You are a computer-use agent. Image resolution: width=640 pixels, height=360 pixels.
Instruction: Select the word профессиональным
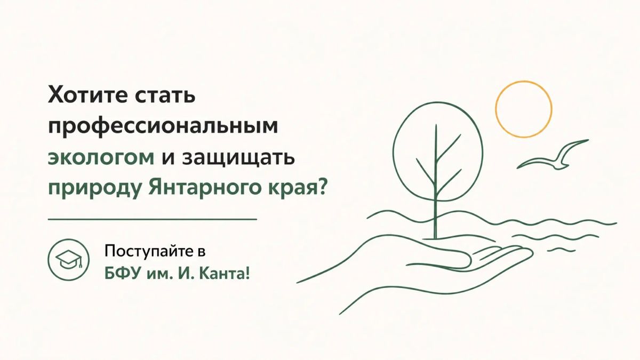coord(163,127)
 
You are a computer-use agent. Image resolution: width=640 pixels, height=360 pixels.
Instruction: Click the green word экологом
coord(101,158)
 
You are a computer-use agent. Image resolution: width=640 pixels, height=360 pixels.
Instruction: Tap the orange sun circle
coord(524,82)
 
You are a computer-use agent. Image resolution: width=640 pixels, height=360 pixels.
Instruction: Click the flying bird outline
coord(553,156)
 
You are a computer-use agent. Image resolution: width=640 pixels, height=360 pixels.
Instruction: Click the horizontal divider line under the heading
coord(153,220)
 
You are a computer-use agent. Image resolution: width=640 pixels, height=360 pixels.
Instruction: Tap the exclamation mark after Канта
coord(247,274)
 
